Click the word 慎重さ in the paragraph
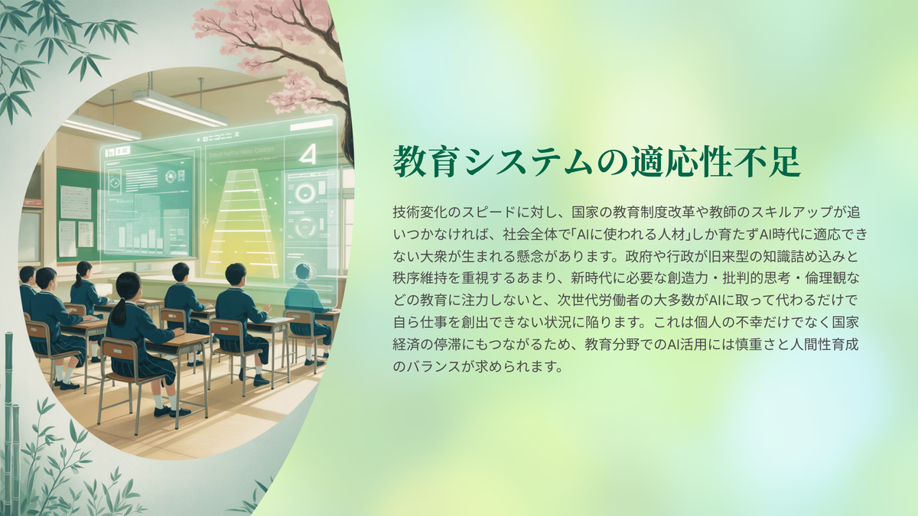(755, 345)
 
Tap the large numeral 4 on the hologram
(308, 155)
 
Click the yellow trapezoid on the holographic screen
(243, 223)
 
